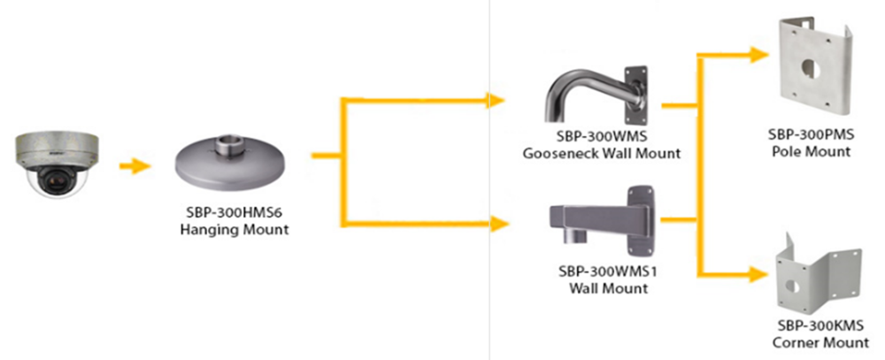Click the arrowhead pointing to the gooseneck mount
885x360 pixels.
tap(497, 100)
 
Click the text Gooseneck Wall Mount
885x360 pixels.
tap(601, 153)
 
